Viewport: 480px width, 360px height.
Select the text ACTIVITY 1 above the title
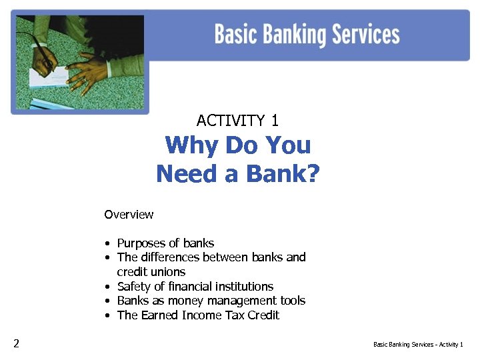click(237, 121)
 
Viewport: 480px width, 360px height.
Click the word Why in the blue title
click(191, 145)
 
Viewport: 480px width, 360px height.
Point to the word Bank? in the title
click(283, 174)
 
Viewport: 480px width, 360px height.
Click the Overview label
click(129, 215)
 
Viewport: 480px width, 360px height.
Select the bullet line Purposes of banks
click(165, 243)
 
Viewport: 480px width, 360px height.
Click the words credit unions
click(151, 272)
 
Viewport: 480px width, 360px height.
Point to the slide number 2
click(16, 344)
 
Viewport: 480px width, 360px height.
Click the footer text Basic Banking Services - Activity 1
click(418, 345)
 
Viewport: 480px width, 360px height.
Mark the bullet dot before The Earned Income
click(107, 315)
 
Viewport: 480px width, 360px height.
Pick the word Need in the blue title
click(187, 174)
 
